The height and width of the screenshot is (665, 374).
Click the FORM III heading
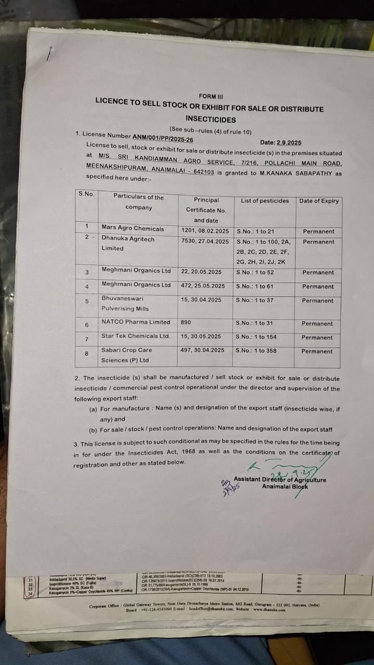click(211, 96)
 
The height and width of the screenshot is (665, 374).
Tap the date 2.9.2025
click(289, 142)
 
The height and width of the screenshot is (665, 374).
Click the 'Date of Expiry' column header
click(319, 201)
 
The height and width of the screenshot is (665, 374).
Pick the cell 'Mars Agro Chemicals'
click(133, 229)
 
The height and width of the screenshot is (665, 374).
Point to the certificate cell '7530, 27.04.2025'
click(205, 242)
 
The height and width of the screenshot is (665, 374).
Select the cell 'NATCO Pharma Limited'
click(136, 322)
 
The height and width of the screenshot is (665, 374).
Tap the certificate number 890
click(186, 323)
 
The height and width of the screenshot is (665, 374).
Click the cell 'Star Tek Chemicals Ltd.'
click(136, 336)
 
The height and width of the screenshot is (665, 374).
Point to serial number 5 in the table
click(87, 301)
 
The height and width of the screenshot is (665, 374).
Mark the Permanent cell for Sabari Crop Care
click(317, 351)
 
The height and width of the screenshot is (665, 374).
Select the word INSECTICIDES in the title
click(210, 119)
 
